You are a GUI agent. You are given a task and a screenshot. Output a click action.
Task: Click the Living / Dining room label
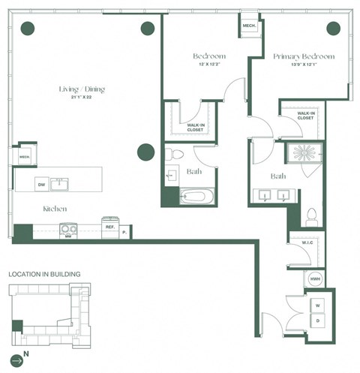(x=82, y=90)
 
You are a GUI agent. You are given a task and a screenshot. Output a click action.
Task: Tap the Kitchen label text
(x=55, y=209)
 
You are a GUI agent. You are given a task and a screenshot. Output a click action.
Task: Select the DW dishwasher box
(x=42, y=184)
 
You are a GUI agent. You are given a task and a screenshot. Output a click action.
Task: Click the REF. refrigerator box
(x=109, y=226)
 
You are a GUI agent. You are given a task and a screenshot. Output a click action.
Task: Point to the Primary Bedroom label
(x=304, y=57)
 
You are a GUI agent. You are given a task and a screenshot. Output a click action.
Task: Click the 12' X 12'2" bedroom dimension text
(x=209, y=66)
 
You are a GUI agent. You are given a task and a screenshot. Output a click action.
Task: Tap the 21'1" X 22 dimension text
(x=82, y=98)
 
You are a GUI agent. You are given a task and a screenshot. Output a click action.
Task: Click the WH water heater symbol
(x=314, y=279)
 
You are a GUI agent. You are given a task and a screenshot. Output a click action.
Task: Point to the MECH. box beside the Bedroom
(x=249, y=26)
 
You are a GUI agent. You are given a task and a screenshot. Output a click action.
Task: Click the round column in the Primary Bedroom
(x=332, y=29)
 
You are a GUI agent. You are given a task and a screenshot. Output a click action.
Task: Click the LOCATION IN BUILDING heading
(x=44, y=275)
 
